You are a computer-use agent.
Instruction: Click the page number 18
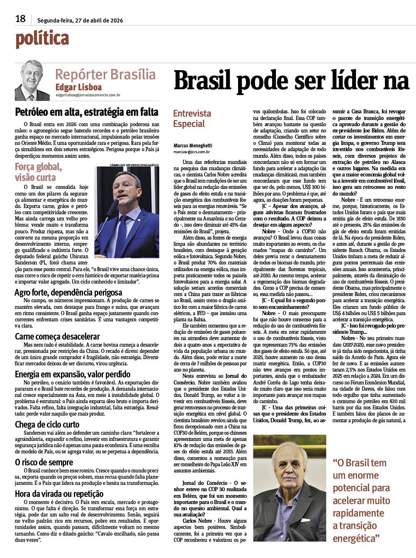tap(20, 19)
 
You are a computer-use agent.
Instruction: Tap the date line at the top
tap(80, 20)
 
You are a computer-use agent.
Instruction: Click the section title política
tap(42, 39)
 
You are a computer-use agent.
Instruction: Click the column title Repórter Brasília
tap(105, 75)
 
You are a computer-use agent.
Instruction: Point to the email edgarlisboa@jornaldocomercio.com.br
tap(88, 95)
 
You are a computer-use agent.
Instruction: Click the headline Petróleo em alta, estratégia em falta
tap(87, 112)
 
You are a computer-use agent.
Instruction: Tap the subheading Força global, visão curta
tap(38, 172)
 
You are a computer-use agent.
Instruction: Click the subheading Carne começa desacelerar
tap(57, 336)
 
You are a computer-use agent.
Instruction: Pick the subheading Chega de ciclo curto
tap(47, 424)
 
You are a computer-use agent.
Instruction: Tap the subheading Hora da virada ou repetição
tap(59, 494)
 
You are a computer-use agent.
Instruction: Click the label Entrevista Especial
tap(192, 119)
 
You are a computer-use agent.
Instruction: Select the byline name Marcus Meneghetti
tap(193, 146)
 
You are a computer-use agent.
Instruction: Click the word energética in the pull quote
tap(356, 538)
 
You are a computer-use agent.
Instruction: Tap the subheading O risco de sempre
tap(44, 462)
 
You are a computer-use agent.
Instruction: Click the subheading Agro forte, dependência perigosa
tap(68, 292)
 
